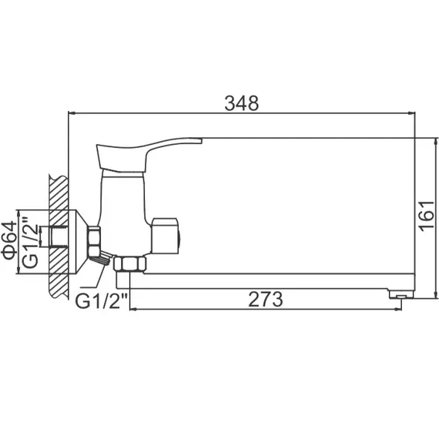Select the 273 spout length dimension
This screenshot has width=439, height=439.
tap(266, 298)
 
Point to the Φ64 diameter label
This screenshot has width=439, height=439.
tap(9, 240)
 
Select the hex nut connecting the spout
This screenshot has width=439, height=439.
tap(128, 265)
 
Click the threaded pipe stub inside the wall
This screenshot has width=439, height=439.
tap(56, 238)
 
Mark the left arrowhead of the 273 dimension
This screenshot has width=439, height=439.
tap(134, 309)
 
